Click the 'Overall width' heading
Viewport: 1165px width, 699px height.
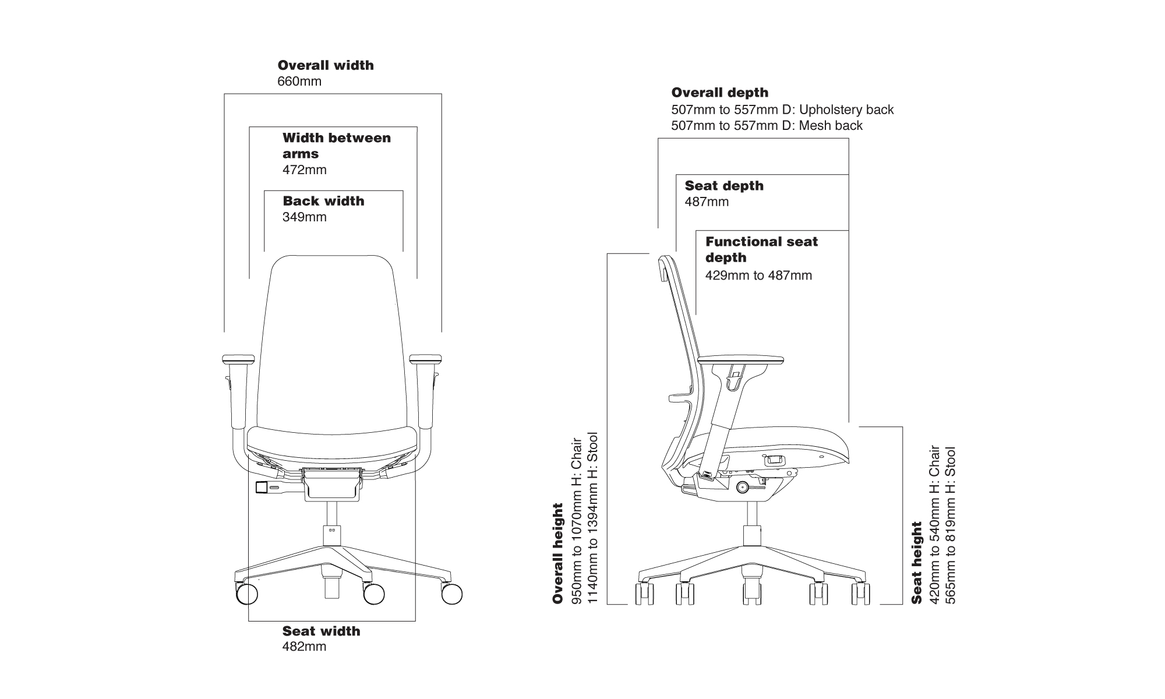pos(326,65)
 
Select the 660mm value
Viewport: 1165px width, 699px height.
pos(299,82)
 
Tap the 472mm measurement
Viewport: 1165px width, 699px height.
pos(305,170)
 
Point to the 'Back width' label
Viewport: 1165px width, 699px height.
pos(323,201)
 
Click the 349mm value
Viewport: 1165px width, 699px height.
pos(305,217)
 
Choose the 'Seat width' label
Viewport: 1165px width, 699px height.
pos(321,631)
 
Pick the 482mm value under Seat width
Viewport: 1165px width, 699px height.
pos(304,647)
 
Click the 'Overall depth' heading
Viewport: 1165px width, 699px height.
pos(719,93)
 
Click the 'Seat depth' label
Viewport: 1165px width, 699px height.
pos(724,186)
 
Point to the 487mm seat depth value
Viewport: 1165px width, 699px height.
pos(707,202)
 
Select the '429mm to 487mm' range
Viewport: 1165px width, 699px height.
pos(758,276)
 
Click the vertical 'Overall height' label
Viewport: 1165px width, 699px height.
pos(558,553)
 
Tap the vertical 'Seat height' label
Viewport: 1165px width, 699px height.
pos(917,563)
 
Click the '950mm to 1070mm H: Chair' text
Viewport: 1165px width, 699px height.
pos(577,521)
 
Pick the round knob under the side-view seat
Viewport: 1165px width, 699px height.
pos(742,486)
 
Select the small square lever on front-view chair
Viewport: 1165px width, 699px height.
pos(262,487)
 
